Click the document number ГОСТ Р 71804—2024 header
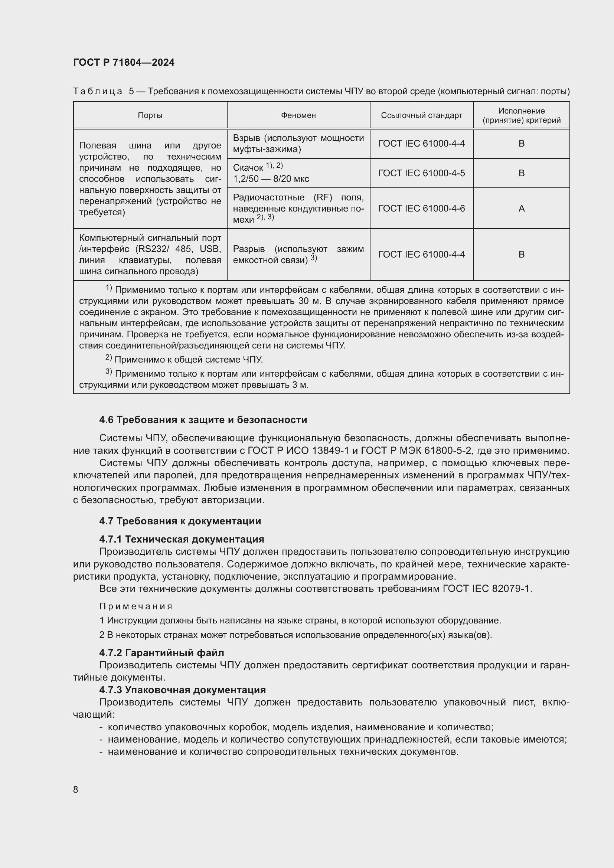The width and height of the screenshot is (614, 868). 124,63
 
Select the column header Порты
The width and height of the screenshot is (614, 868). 150,115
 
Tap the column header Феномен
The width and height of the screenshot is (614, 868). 298,115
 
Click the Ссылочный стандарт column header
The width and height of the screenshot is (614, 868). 421,115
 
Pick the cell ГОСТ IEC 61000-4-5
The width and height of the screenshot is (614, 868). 421,173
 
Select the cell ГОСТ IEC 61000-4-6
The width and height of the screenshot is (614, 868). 421,208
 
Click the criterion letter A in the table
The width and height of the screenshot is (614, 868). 521,208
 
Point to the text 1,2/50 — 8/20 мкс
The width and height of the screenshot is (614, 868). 271,179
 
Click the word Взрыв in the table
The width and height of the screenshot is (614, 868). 246,138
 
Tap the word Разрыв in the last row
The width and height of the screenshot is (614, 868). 249,249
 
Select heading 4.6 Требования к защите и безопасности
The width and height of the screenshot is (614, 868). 203,420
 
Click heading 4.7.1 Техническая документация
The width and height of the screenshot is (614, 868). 182,539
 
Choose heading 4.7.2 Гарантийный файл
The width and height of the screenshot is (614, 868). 161,652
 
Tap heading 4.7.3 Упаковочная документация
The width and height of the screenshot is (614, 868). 182,690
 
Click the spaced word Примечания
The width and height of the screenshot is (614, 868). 135,606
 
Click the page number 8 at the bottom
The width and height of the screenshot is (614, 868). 76,789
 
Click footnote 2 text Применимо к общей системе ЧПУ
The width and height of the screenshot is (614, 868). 188,360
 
